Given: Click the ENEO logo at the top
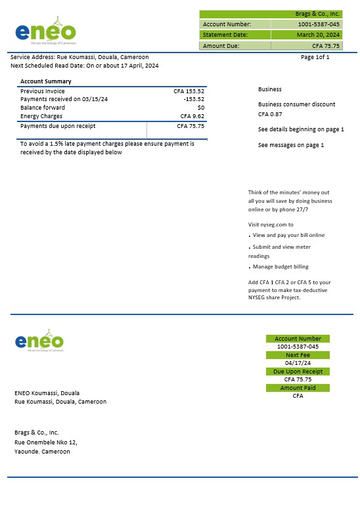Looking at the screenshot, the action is pyautogui.click(x=45, y=31).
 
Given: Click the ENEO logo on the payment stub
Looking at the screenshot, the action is pyautogui.click(x=39, y=341).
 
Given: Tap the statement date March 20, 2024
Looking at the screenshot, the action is pyautogui.click(x=318, y=35).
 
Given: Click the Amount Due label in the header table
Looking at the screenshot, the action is pyautogui.click(x=221, y=46).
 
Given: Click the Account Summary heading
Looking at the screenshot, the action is pyautogui.click(x=46, y=81).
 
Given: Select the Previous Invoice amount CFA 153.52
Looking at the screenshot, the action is pyautogui.click(x=189, y=91).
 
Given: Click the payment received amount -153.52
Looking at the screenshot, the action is pyautogui.click(x=193, y=99).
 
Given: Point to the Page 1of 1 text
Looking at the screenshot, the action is pyautogui.click(x=315, y=57).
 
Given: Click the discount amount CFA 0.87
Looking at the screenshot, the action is pyautogui.click(x=268, y=114).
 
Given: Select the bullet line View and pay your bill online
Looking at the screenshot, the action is pyautogui.click(x=288, y=235).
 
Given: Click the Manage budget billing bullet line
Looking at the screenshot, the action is pyautogui.click(x=281, y=266).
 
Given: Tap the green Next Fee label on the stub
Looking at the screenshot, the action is pyautogui.click(x=298, y=355).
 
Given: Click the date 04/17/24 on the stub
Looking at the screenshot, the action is pyautogui.click(x=298, y=363).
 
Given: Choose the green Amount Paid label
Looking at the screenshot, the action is pyautogui.click(x=298, y=388).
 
